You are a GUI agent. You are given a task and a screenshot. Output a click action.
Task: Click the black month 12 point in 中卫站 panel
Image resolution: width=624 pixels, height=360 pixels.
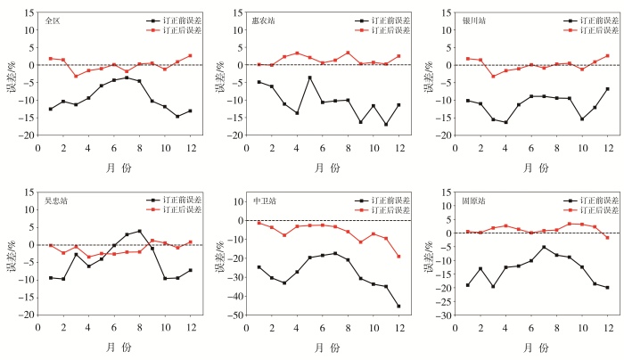(x=398, y=306)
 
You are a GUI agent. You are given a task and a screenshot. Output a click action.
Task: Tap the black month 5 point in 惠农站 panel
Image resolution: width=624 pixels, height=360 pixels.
(x=310, y=78)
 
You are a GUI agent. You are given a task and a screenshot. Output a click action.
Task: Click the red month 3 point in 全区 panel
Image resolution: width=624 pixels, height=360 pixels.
(x=76, y=76)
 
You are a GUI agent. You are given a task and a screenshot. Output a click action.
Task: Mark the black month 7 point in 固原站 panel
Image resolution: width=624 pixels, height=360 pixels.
(x=544, y=247)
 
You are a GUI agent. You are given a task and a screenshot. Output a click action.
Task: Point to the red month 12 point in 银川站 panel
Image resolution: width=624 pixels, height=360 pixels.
(x=607, y=55)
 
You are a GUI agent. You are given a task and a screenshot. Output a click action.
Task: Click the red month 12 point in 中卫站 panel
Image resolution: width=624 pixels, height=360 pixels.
(x=398, y=256)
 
